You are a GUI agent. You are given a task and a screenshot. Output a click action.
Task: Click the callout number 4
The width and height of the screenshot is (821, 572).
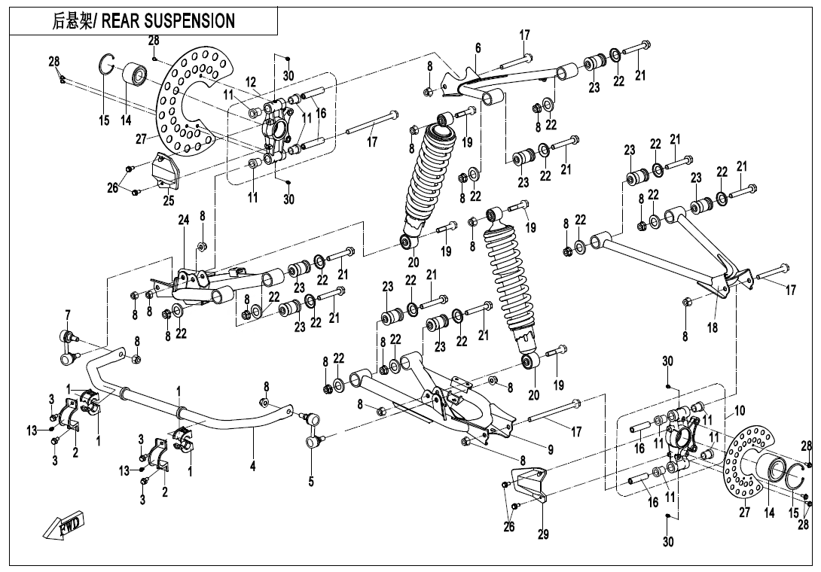click(253, 467)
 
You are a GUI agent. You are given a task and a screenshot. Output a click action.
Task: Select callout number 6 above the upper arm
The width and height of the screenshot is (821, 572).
click(478, 48)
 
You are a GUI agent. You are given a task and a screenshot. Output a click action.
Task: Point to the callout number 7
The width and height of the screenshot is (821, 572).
click(67, 314)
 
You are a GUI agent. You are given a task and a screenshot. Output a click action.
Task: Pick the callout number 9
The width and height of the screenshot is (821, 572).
click(551, 450)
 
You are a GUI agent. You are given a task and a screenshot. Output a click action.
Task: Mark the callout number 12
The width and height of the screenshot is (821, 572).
click(251, 81)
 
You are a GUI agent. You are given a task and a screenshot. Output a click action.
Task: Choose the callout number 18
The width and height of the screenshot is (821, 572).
click(713, 328)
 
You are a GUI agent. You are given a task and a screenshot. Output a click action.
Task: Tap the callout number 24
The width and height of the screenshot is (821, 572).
click(182, 221)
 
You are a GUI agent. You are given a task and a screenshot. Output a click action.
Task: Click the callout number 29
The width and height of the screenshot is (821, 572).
click(544, 535)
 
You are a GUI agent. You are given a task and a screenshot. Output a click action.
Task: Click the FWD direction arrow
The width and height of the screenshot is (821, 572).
click(66, 525)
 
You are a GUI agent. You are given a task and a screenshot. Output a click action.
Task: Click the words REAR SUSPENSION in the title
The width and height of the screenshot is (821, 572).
click(167, 20)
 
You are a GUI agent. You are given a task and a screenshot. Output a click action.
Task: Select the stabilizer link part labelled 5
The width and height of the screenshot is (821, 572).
click(311, 430)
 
